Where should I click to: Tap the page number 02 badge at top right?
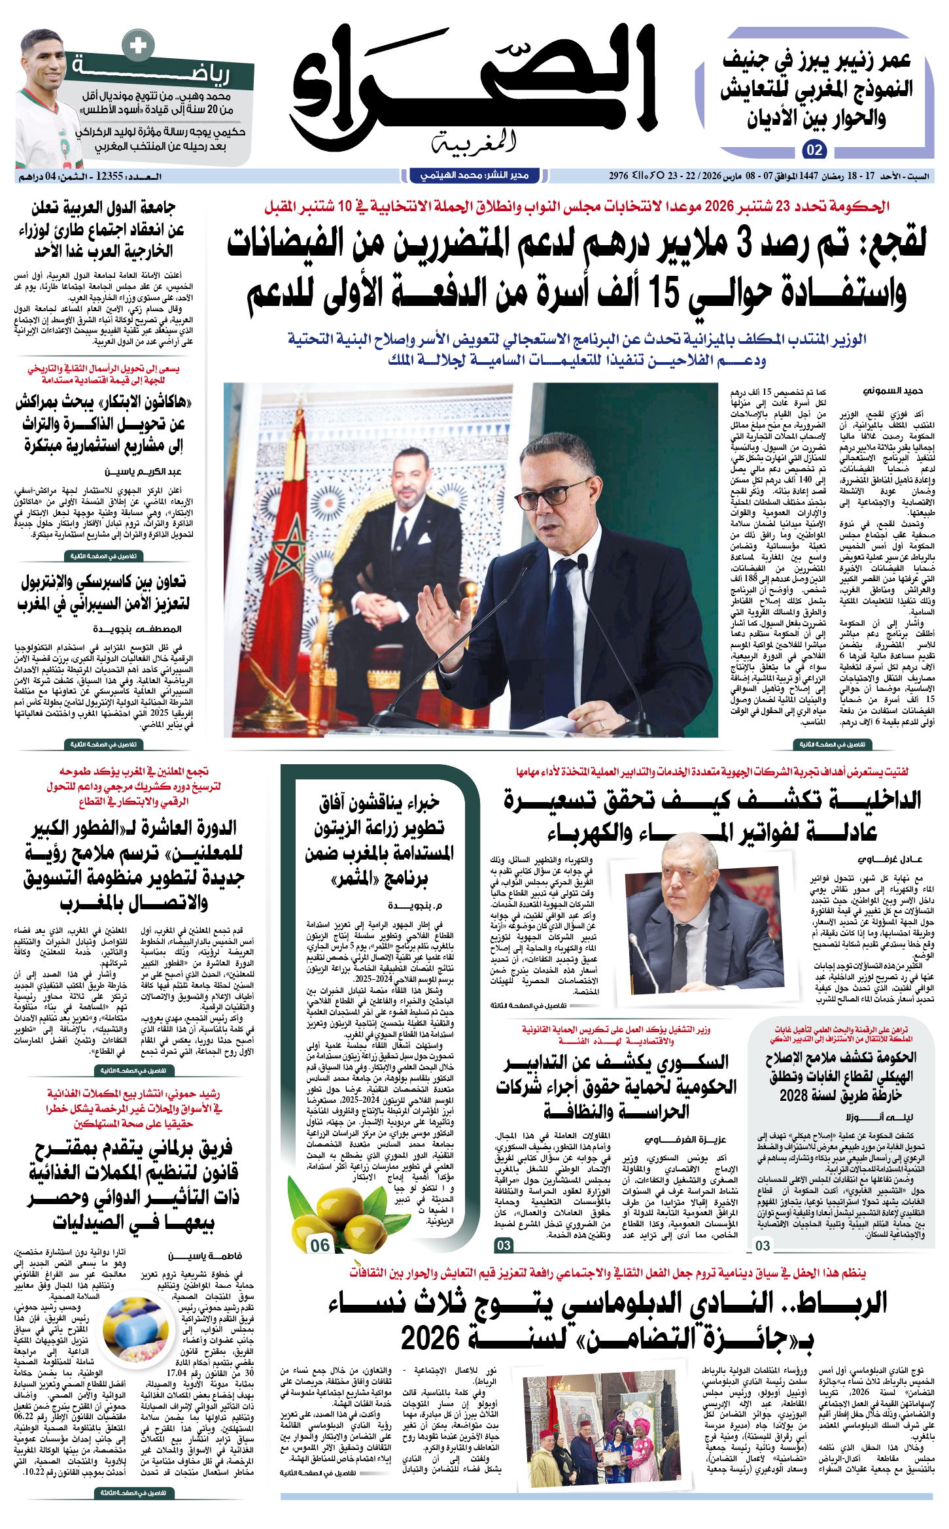(814, 150)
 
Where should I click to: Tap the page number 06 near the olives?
(320, 1245)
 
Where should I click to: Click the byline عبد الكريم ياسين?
(143, 471)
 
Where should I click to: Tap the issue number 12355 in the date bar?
(110, 176)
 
